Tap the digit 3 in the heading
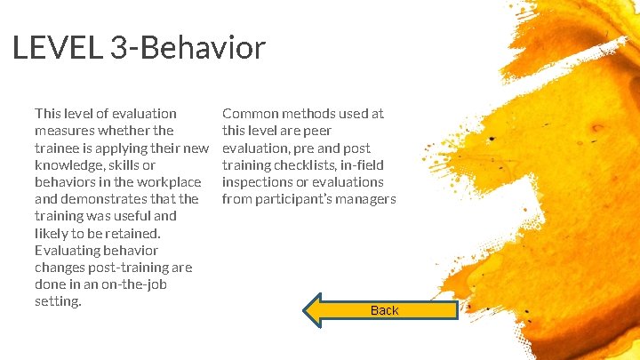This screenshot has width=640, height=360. [x=118, y=48]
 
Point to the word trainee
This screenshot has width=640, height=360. [x=59, y=148]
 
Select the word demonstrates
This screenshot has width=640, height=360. [x=105, y=199]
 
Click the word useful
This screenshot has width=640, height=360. [x=155, y=216]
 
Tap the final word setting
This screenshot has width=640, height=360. [x=57, y=301]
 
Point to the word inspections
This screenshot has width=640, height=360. [x=259, y=182]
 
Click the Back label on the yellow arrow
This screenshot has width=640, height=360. [x=384, y=310]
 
